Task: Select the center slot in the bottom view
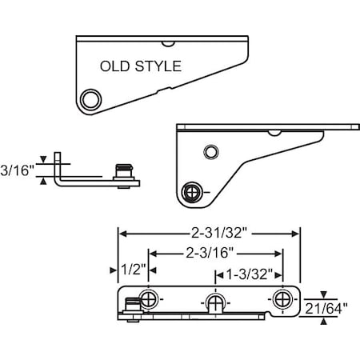coord(214,302)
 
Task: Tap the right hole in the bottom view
coord(281,299)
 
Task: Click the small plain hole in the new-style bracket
coord(210,150)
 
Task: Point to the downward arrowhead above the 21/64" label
coord(323,294)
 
